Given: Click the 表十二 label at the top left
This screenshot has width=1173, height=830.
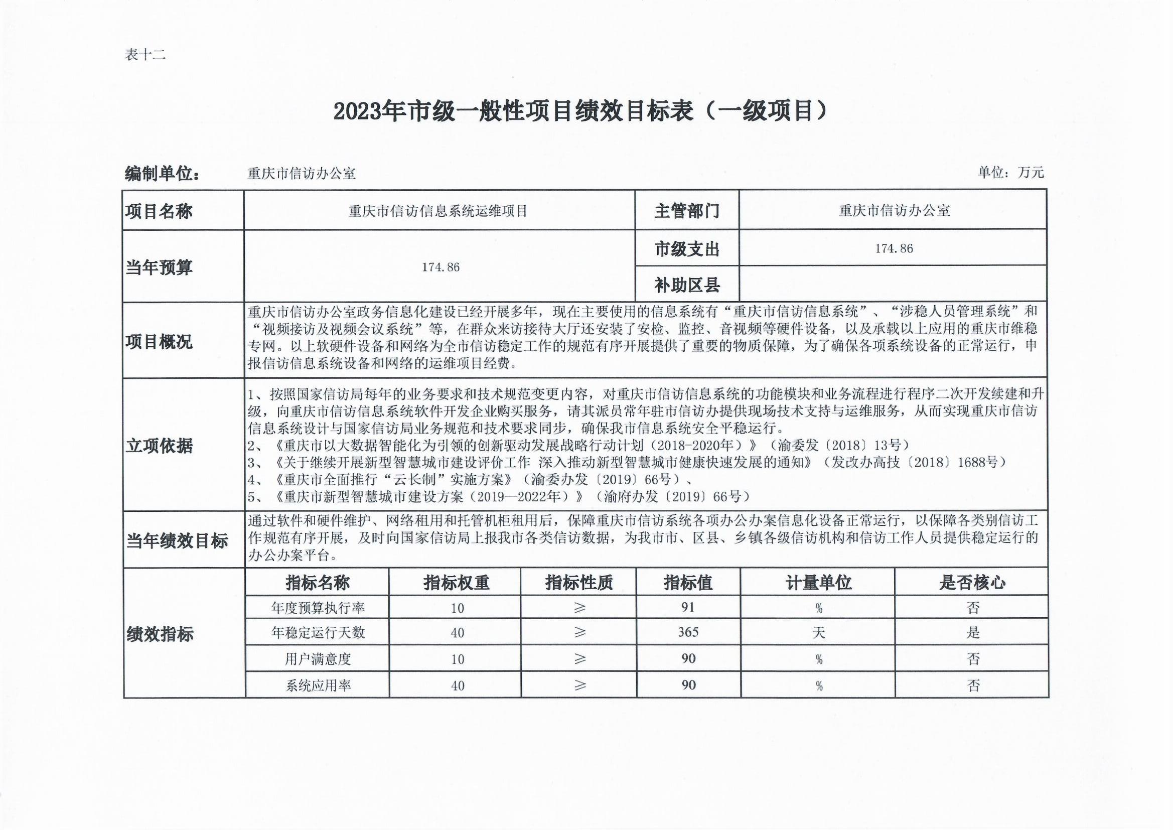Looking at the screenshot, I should point(145,55).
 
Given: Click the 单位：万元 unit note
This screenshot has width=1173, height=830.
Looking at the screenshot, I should point(1010,173).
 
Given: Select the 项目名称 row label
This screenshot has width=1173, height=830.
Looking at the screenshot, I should point(159,211).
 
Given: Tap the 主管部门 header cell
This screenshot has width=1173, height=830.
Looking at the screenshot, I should point(687,211).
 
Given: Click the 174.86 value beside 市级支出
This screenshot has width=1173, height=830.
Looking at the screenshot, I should point(894,248).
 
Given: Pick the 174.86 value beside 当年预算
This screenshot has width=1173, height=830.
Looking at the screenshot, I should point(441,267).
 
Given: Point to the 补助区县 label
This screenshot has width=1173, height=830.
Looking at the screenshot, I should point(687,285).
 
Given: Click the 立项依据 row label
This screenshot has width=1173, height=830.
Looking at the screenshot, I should point(159,446).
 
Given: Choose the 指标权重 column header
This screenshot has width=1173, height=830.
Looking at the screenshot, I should point(456,583).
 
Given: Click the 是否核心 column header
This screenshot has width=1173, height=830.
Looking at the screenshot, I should point(972,583).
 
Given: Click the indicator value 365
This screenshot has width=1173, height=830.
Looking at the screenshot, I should point(688,632).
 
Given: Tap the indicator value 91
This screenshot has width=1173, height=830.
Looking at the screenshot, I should point(688,607).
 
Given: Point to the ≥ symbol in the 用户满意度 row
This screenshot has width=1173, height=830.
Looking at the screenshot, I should point(579,659).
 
